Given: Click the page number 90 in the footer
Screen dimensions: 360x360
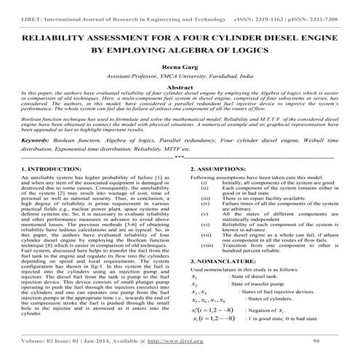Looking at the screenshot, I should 316,340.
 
